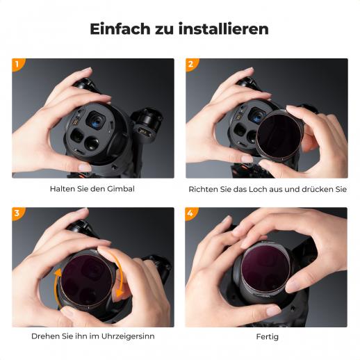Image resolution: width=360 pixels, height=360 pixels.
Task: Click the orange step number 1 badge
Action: pos(18,64)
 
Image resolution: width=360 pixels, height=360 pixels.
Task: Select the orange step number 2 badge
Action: pos(191,64)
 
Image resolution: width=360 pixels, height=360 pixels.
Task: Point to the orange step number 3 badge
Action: pos(18,213)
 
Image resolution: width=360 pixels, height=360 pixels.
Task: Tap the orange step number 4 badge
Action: pos(191,213)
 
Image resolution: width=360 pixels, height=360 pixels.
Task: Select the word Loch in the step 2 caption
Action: pos(256,189)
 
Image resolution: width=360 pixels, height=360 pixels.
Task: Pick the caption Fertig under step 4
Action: pos(267,337)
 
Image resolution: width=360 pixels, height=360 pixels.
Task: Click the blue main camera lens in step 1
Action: pos(96,121)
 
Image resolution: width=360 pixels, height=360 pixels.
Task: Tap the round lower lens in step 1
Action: pos(92,144)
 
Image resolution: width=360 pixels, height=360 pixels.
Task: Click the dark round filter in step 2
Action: pos(279,134)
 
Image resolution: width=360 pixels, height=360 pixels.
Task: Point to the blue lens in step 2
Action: pos(257,117)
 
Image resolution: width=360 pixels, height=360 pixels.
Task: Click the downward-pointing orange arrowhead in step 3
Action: pos(120,293)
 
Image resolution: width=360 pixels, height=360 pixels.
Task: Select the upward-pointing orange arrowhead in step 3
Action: pos(58,272)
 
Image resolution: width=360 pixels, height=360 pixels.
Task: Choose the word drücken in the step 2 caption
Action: pos(318,189)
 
